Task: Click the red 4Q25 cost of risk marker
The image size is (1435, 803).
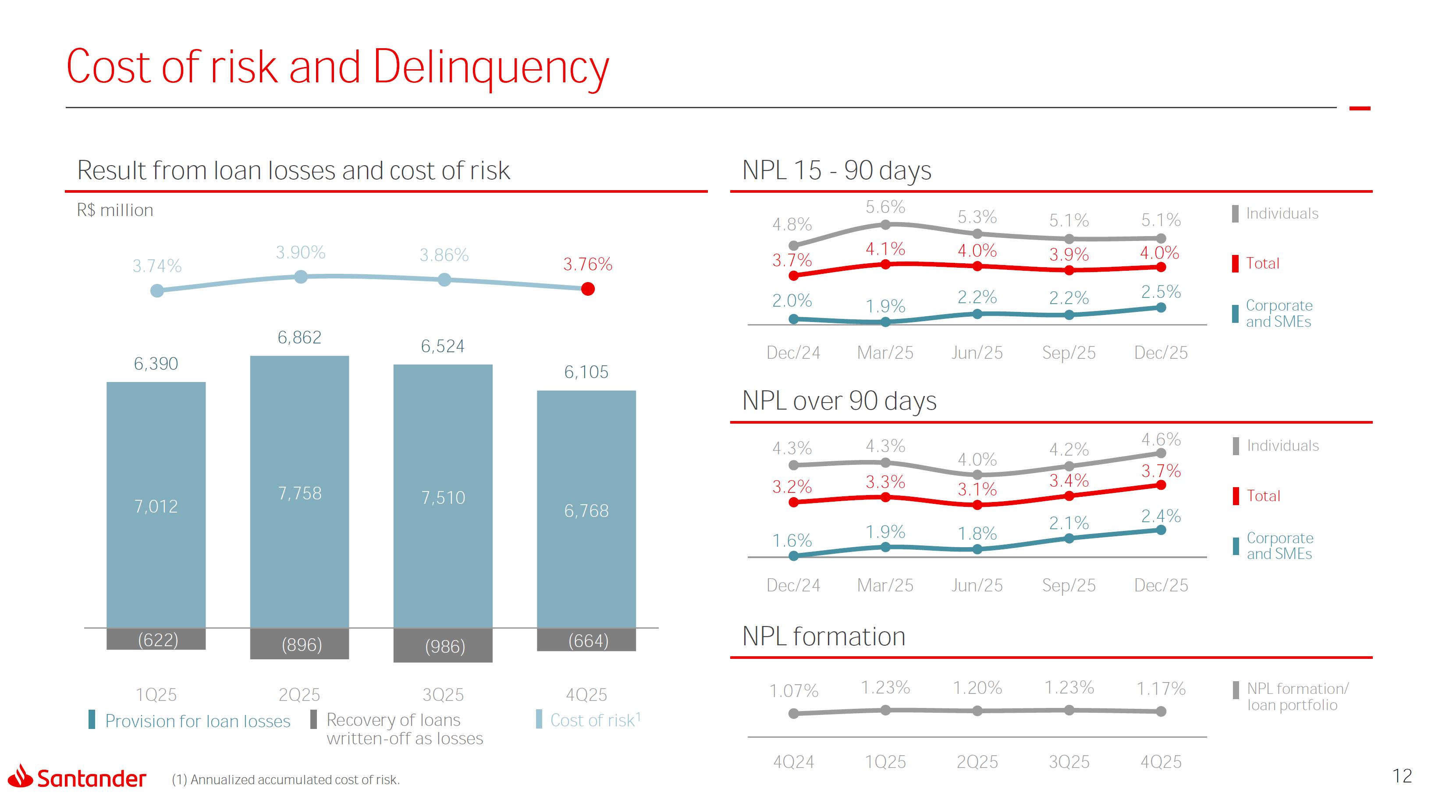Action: click(587, 289)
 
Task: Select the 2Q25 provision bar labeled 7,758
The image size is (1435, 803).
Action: click(300, 493)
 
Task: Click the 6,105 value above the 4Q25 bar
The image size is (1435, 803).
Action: click(586, 372)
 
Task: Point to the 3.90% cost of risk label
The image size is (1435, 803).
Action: click(300, 252)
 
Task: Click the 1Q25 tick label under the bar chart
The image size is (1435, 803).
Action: click(156, 694)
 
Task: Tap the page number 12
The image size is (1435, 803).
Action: click(1402, 776)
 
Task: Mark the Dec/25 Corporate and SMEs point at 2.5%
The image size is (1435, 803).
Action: click(1161, 308)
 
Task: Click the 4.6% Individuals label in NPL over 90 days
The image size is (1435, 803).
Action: click(1161, 439)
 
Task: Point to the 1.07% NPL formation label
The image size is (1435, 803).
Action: click(793, 691)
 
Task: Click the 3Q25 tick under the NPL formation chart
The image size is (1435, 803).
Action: click(1069, 761)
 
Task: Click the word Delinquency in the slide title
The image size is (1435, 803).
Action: click(490, 67)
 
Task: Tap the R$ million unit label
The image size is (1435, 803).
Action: click(115, 210)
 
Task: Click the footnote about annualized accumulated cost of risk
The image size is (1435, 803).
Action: click(285, 780)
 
